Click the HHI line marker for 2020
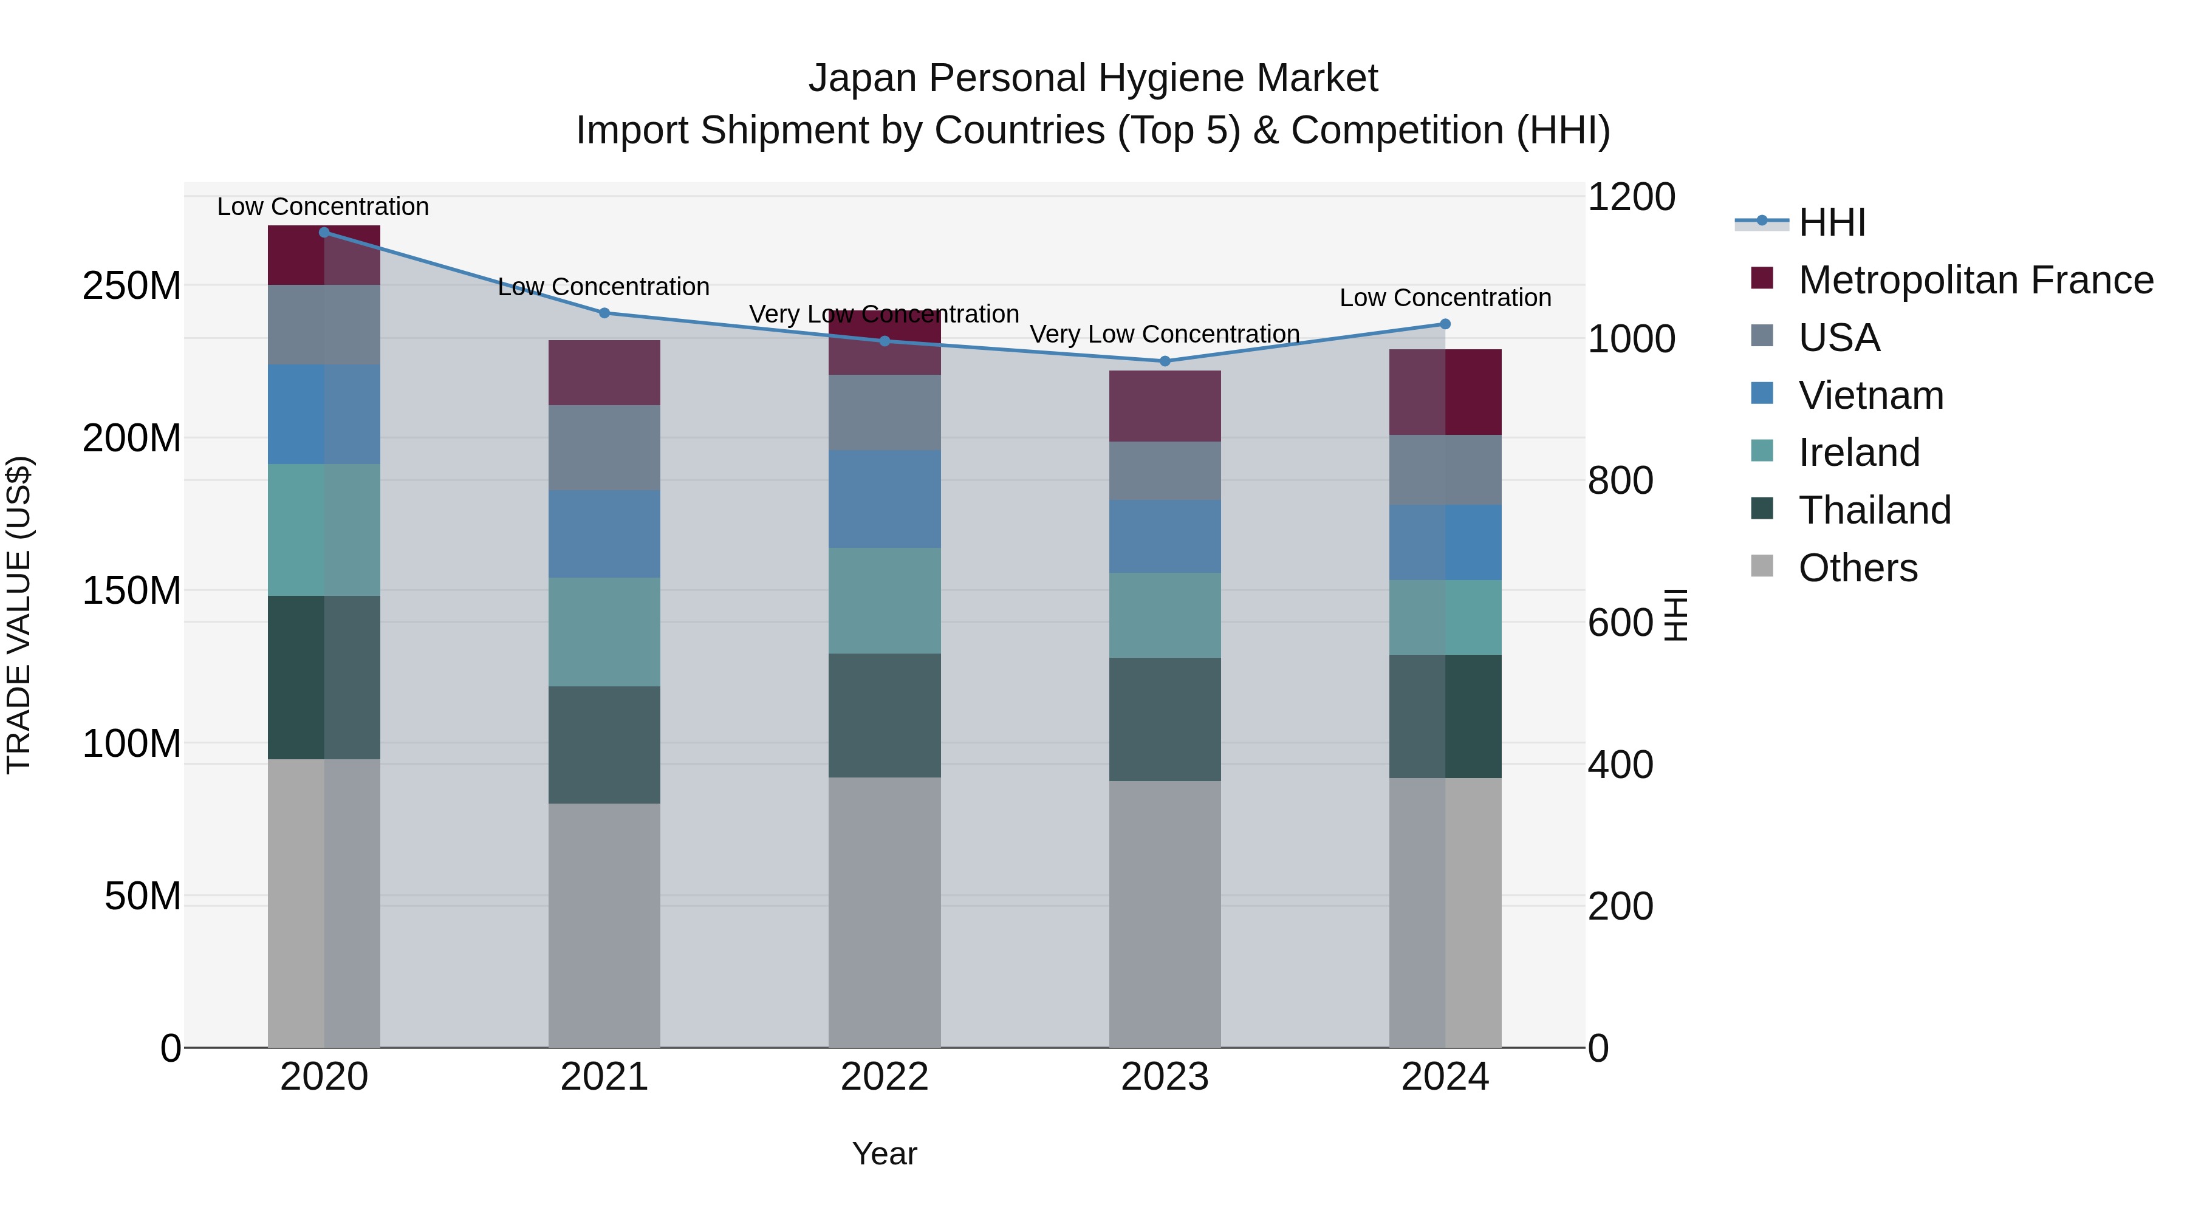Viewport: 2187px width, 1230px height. (323, 233)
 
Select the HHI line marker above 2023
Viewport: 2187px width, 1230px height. (1165, 361)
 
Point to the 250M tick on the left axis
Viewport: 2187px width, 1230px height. (132, 286)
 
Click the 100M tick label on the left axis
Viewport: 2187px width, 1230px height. (132, 743)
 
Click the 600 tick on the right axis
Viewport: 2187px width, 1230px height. (1620, 623)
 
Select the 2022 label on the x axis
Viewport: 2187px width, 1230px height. (884, 1077)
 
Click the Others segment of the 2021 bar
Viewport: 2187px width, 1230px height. (604, 925)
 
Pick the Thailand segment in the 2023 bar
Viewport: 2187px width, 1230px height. (1164, 719)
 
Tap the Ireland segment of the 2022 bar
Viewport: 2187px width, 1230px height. (884, 600)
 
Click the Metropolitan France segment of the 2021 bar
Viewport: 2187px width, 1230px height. (604, 373)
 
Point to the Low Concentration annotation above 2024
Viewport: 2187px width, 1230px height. (1445, 298)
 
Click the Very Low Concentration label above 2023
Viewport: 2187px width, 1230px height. (1164, 335)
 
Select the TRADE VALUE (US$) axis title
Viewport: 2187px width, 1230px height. (19, 615)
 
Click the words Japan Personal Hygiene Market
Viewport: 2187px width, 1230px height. (1093, 78)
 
